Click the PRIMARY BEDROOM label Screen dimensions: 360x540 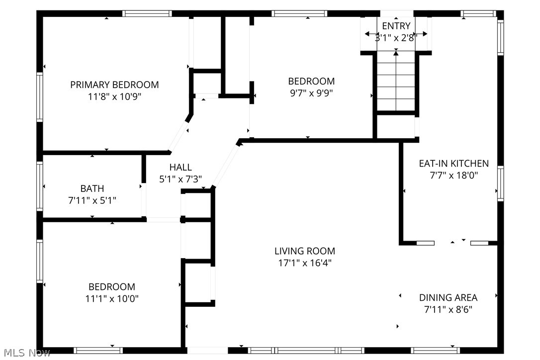(x=114, y=85)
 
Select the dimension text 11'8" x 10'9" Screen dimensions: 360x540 (x=114, y=97)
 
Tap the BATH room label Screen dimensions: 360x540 (x=92, y=188)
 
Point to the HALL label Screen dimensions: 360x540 (x=180, y=168)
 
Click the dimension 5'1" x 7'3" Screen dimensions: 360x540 (x=180, y=180)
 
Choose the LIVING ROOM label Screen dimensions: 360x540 (x=305, y=251)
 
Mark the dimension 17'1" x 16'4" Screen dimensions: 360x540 (x=305, y=263)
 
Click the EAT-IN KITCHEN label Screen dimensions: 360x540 (x=453, y=163)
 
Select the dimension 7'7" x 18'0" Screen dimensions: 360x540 (x=453, y=175)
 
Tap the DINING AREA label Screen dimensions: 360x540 (x=448, y=297)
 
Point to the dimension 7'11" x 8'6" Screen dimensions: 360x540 (x=448, y=309)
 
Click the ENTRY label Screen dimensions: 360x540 (x=396, y=26)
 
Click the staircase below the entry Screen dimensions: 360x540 (x=396, y=82)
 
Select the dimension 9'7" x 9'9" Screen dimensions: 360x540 (x=311, y=93)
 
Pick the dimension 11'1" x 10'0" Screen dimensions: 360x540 (x=112, y=299)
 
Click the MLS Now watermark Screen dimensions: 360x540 (x=25, y=353)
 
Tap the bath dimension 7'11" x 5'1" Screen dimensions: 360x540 (x=92, y=200)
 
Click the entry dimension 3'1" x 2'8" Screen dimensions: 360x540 (x=396, y=37)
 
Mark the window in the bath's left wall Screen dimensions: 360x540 (x=40, y=185)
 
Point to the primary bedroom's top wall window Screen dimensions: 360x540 (x=147, y=13)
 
